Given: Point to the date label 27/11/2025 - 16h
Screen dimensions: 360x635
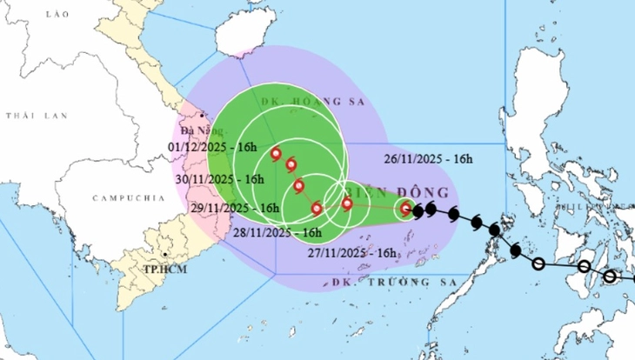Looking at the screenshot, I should [x=352, y=252].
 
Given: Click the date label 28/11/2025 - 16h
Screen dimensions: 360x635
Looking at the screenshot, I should [x=277, y=232].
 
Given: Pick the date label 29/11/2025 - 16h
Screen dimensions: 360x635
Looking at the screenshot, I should [x=233, y=208].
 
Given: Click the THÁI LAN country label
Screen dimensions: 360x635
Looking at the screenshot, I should [x=27, y=116].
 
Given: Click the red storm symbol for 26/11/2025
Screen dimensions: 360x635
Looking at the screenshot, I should [x=405, y=208].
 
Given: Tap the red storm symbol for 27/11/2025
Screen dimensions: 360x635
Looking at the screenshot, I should [x=347, y=204].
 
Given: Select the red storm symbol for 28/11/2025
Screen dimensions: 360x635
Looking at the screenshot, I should [x=317, y=208].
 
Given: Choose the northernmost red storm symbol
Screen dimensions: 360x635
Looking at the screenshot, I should [x=276, y=156].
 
